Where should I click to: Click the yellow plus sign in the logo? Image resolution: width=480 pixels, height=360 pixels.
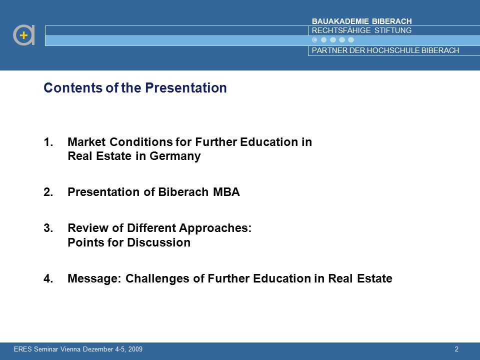coord(23,35)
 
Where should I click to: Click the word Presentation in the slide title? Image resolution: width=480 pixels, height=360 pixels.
coord(186,88)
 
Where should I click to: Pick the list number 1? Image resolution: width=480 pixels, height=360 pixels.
coord(48,142)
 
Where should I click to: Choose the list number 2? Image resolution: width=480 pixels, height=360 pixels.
coord(48,192)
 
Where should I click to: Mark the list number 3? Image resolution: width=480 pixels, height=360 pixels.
coord(48,228)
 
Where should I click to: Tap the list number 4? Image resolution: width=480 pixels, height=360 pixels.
coord(48,278)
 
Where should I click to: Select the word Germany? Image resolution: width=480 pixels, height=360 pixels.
coord(175,156)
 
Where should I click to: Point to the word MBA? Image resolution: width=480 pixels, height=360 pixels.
coord(226,192)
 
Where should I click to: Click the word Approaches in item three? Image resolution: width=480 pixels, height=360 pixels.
coord(215,228)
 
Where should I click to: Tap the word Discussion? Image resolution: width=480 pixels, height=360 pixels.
coord(159,242)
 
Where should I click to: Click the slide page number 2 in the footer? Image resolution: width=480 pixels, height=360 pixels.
coord(456,349)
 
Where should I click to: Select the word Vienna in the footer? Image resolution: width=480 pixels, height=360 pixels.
coord(70,349)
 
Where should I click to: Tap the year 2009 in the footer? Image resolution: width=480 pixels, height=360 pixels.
coord(135,349)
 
